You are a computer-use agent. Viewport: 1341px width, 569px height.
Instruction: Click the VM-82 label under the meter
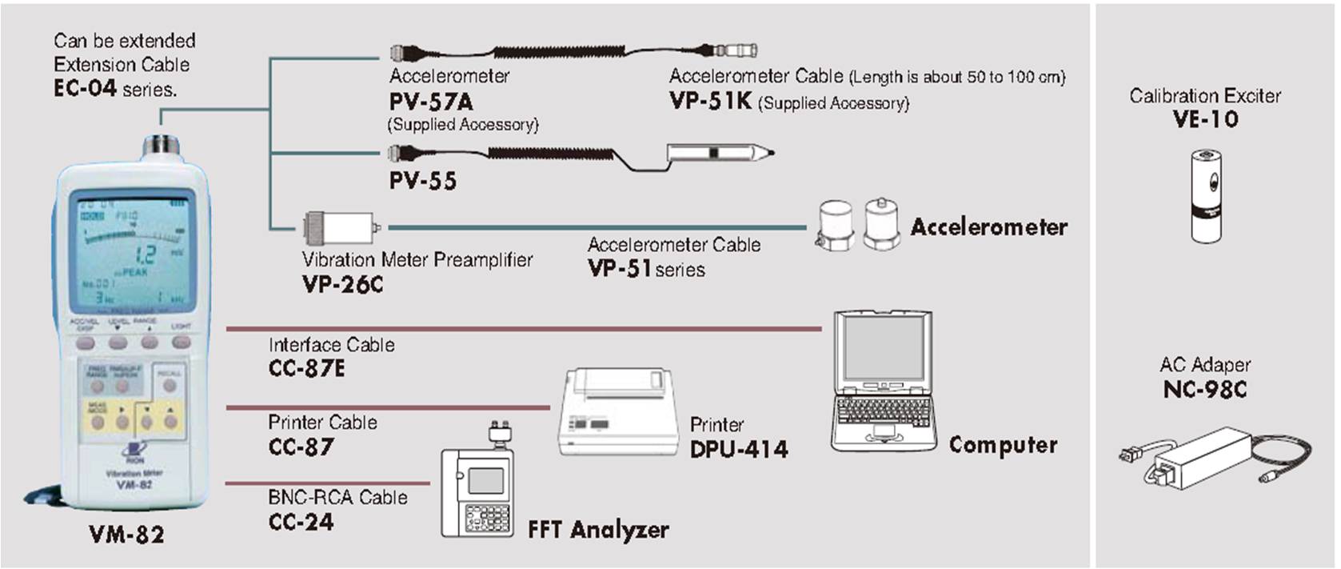[126, 534]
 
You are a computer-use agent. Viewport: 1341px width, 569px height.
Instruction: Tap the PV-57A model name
[431, 102]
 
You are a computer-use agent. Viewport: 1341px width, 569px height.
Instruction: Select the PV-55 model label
[423, 181]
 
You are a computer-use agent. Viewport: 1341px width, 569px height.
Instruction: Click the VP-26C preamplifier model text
[343, 284]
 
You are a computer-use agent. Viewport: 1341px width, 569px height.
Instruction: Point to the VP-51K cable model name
[710, 102]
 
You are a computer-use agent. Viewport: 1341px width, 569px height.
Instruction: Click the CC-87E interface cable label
[307, 368]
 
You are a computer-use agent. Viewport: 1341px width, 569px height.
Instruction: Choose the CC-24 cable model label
[301, 522]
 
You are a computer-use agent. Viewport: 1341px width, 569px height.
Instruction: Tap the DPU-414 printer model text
[739, 449]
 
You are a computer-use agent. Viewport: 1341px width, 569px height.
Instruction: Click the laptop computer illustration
[883, 382]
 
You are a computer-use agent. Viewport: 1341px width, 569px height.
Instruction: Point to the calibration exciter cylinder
[1206, 195]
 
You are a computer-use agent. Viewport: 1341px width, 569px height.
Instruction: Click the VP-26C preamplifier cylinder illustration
[338, 228]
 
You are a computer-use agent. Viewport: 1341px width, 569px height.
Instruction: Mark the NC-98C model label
[1205, 390]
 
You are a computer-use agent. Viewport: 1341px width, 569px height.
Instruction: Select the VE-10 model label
[1206, 120]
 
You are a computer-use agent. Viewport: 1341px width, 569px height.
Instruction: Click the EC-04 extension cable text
[85, 89]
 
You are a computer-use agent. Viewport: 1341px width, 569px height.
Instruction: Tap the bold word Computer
[1003, 445]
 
